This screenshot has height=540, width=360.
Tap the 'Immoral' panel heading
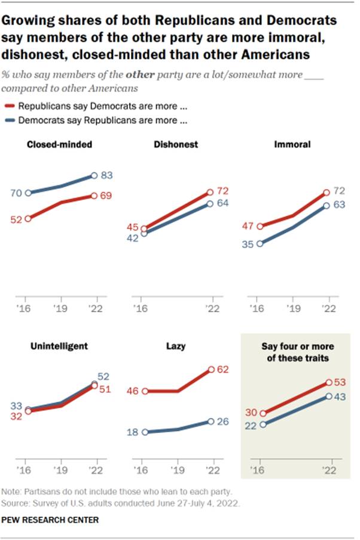point(292,144)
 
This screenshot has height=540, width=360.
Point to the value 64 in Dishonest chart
point(222,204)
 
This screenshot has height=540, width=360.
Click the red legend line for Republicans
point(10,106)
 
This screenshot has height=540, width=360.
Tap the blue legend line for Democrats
point(10,120)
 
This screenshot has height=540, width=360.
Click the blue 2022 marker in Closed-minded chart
point(94,176)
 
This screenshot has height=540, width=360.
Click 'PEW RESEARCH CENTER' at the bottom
point(51,520)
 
